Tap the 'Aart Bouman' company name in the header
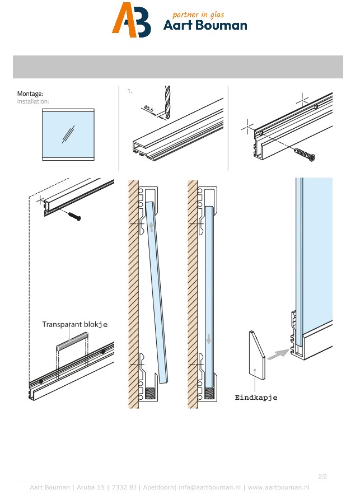pos(205,26)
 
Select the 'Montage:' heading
pos(30,94)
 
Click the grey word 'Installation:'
pos(33,101)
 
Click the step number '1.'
pos(129,91)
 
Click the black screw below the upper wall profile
pos(73,215)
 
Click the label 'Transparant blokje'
pos(75,324)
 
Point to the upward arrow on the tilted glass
pos(151,226)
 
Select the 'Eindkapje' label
pos(256,398)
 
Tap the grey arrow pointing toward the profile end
pos(278,354)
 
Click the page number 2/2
pos(322,476)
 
